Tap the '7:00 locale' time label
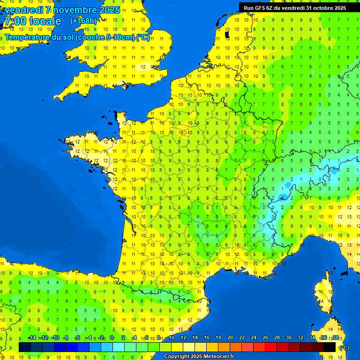32,21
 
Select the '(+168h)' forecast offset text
83,21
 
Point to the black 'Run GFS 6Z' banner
294,7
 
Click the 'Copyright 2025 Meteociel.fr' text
199,356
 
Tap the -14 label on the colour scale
32,337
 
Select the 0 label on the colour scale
112,337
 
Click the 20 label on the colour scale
230,337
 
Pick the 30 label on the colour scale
288,337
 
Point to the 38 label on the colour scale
335,337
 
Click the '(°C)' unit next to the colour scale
344,347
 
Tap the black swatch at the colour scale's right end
330,347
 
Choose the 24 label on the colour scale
253,337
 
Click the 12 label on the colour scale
183,337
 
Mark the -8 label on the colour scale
66,337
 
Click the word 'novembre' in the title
77,10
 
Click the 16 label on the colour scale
206,337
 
